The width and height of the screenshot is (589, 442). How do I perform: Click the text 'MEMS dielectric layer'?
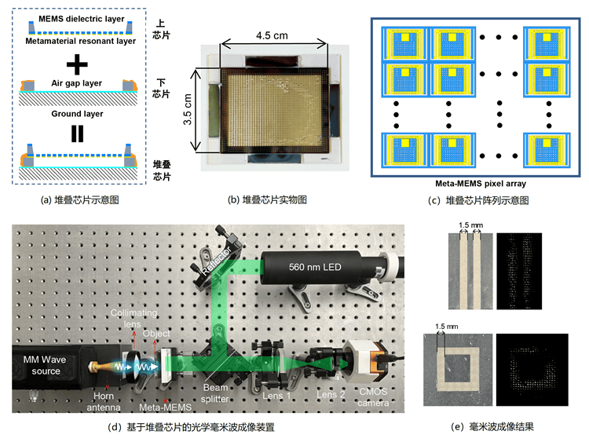tap(81, 19)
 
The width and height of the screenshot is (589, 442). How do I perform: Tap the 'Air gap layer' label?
tap(77, 83)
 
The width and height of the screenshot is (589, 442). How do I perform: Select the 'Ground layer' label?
tap(77, 114)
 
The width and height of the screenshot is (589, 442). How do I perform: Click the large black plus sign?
tap(77, 64)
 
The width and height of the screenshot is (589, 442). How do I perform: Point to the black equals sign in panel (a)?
tap(78, 133)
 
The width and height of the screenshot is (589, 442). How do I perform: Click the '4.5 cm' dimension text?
tap(272, 35)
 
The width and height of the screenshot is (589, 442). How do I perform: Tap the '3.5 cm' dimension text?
tap(188, 109)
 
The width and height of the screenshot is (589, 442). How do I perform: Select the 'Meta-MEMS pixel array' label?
tap(481, 184)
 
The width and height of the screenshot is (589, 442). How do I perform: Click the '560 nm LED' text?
tap(315, 267)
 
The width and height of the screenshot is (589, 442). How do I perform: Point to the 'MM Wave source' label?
tap(45, 365)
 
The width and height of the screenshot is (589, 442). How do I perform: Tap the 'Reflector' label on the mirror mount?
tap(216, 261)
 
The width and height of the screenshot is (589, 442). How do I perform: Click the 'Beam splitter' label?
tap(215, 393)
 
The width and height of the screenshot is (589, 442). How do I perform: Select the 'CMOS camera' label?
tap(373, 397)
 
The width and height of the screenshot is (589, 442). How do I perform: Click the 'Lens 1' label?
tap(276, 396)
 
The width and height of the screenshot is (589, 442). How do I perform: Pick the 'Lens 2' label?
tap(331, 395)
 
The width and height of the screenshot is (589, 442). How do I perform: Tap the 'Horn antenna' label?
tap(104, 401)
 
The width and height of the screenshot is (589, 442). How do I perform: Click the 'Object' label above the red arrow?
tap(156, 334)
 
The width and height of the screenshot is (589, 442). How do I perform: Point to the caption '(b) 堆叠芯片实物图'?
tap(267, 199)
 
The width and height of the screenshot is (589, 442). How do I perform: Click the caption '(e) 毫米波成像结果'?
tap(492, 426)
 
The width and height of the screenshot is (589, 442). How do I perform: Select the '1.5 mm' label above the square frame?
tap(447, 327)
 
